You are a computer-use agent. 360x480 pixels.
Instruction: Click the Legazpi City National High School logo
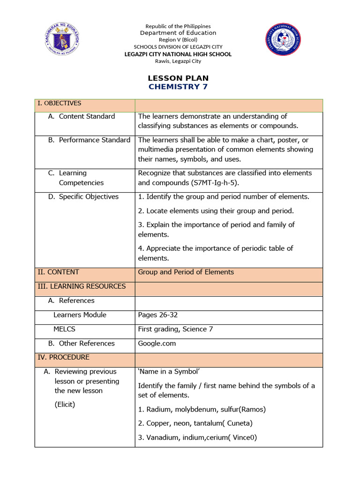283,38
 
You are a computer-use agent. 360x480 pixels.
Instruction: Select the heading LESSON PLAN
178,78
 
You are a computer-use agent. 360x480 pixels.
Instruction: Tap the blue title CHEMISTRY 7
178,87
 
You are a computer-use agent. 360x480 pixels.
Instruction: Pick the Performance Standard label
89,140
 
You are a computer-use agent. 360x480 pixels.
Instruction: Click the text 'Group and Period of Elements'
186,272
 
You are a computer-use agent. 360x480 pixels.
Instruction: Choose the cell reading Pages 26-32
158,315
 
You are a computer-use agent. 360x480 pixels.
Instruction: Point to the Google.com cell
157,343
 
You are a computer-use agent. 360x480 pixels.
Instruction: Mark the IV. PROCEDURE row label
63,357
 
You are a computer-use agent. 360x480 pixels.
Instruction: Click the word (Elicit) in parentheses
65,404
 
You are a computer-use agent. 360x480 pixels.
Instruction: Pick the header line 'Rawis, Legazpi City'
178,61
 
